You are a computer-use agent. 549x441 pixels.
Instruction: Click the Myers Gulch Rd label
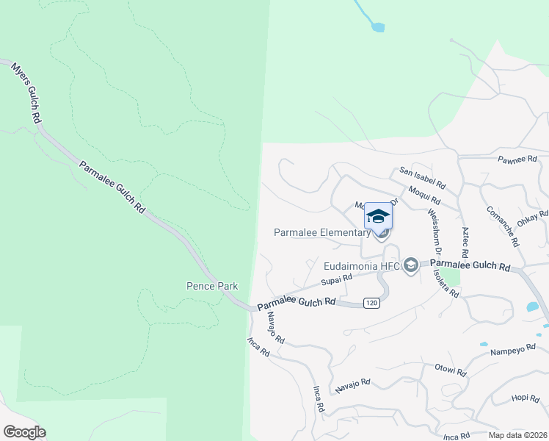26,93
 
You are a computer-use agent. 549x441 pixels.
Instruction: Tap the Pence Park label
211,286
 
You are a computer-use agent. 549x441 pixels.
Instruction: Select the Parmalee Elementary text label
322,232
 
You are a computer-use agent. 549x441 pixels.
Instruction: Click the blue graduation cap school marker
378,216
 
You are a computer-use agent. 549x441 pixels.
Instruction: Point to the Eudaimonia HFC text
363,265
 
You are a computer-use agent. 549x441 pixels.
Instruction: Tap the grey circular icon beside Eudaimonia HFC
411,265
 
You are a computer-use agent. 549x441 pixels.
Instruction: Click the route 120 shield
372,303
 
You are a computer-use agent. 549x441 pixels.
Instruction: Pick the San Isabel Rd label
422,177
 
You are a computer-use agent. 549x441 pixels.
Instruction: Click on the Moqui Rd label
425,195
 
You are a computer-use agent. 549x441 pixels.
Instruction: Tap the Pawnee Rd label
517,159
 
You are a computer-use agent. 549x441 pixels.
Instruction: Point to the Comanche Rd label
503,226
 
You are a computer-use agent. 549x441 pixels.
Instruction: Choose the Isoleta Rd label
447,282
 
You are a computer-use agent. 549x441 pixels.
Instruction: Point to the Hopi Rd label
526,398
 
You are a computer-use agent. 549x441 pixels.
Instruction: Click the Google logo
24,432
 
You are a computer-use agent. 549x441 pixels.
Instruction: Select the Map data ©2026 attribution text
517,435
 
